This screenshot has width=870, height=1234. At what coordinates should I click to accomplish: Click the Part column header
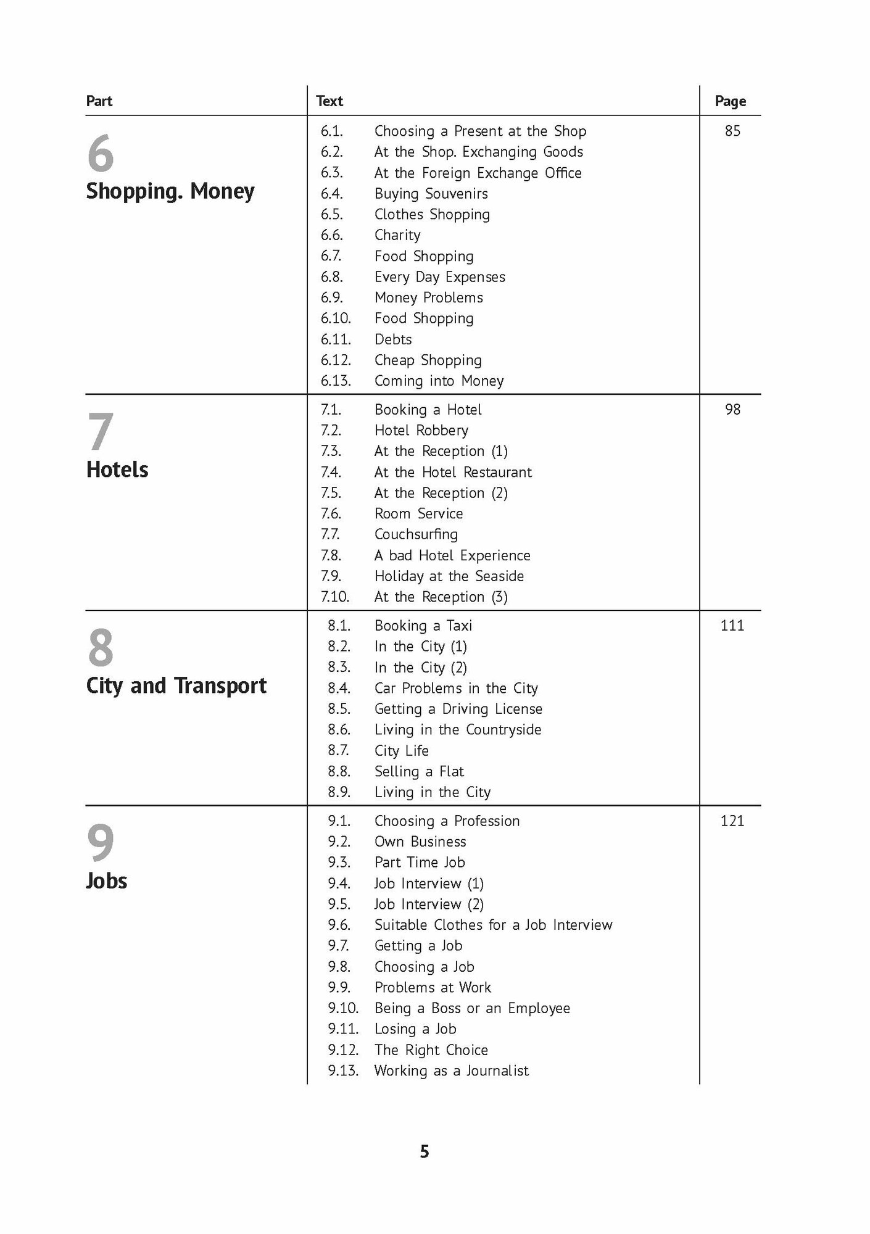[x=99, y=101]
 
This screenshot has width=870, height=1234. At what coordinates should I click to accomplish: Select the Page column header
[x=730, y=101]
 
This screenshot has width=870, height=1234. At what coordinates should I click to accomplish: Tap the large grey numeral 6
[x=101, y=154]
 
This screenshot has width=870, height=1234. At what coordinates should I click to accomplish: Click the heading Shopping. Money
[x=170, y=191]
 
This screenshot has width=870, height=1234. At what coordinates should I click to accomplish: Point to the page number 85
[x=732, y=131]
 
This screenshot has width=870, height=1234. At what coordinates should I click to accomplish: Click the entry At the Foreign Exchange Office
[x=478, y=173]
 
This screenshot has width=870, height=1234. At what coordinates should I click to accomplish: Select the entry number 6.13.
[x=335, y=381]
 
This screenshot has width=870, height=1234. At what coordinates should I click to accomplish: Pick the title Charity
[x=397, y=235]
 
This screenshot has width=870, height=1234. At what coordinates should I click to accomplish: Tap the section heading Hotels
[x=117, y=470]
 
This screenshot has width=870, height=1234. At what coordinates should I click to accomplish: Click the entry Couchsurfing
[x=416, y=534]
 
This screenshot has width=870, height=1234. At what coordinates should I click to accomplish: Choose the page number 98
[x=732, y=409]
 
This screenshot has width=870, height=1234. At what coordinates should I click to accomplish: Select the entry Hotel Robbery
[x=421, y=430]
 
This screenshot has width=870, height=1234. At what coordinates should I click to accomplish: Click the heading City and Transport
[x=176, y=685]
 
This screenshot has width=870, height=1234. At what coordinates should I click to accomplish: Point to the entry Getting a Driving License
[x=458, y=709]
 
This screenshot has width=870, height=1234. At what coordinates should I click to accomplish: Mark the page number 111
[x=732, y=626]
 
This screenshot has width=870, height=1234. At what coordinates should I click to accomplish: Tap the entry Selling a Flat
[x=419, y=771]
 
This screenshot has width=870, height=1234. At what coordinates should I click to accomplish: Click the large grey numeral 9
[x=101, y=843]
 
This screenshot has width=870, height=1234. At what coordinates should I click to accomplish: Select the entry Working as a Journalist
[x=451, y=1070]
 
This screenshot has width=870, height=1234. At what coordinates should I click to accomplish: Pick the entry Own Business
[x=420, y=842]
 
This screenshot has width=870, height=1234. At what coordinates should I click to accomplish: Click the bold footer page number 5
[x=424, y=1152]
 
